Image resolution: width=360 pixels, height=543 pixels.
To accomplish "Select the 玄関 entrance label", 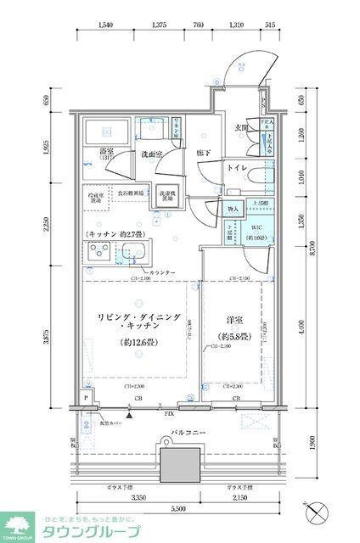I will coord(240,128).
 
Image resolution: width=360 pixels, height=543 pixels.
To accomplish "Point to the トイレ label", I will coord(238,169).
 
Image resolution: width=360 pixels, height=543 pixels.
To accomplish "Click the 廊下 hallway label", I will coord(203,153).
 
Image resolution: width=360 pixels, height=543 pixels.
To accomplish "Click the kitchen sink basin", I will coord(132,252).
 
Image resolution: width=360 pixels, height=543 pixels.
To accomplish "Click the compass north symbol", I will coord(318,512).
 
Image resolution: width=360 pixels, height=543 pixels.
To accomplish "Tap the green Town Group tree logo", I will coord(17,523).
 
